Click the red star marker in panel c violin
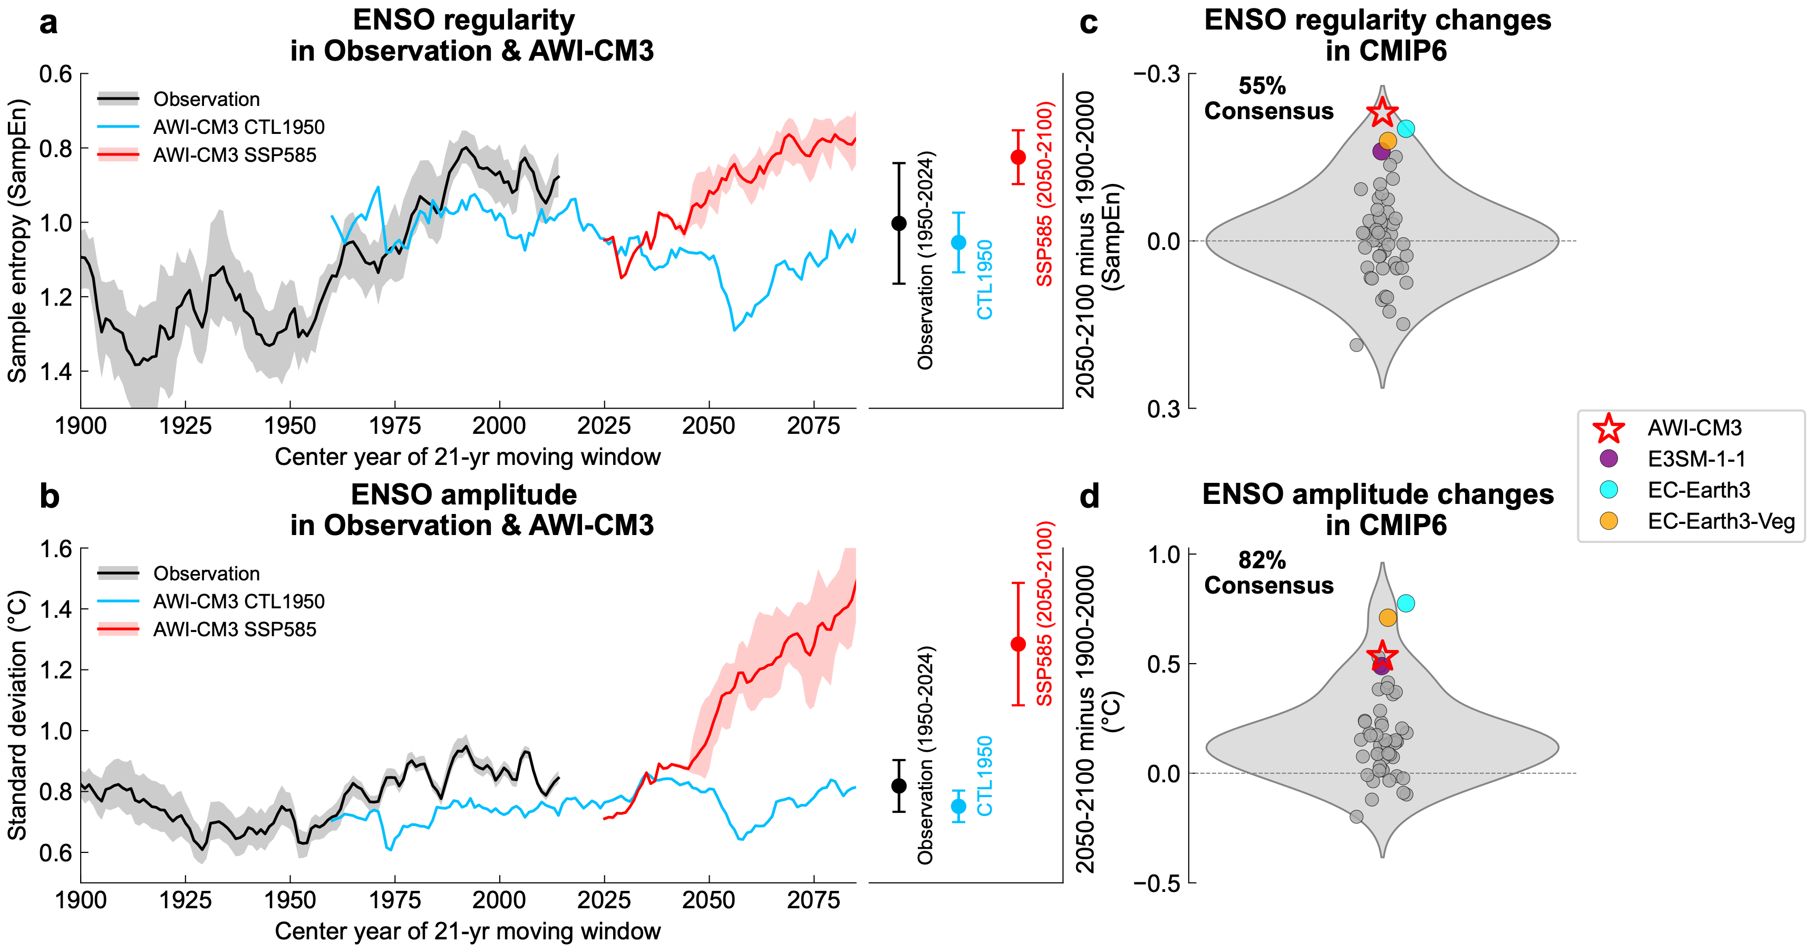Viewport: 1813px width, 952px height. click(1382, 112)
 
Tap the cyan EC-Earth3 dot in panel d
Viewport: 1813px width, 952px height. click(1405, 603)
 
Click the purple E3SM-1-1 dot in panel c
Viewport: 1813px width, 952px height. click(1381, 151)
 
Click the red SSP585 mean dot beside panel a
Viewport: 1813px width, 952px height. click(1017, 157)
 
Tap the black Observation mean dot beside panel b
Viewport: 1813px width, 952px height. click(899, 786)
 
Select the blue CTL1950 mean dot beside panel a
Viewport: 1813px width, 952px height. click(958, 242)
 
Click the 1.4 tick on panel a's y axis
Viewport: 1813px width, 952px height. click(56, 371)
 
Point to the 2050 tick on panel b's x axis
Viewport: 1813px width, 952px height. click(709, 900)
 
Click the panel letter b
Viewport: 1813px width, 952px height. click(49, 496)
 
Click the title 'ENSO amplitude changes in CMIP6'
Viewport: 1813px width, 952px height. click(1378, 509)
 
